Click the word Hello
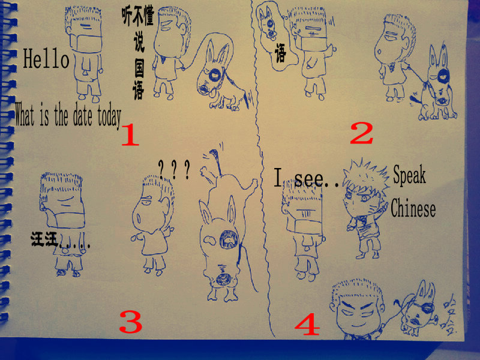46,58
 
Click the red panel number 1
130,134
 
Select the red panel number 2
362,133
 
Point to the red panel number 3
131,322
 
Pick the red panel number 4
307,324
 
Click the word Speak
409,175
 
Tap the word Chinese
413,208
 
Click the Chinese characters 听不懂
138,16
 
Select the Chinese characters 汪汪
44,239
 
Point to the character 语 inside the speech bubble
280,53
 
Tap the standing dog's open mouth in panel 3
229,239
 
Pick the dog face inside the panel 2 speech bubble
267,23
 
